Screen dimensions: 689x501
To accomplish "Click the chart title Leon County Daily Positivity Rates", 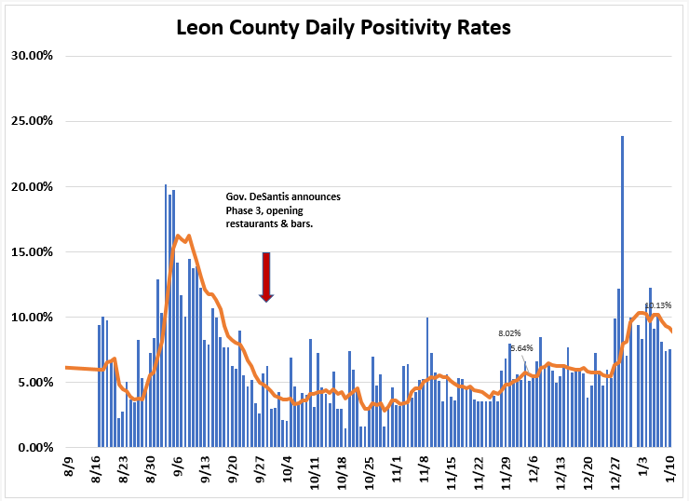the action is pos(344,28).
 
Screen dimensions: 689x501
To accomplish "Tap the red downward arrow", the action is pos(266,277).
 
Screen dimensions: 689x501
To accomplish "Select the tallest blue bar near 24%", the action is pos(622,291).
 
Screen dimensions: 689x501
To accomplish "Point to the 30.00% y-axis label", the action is pos(32,56).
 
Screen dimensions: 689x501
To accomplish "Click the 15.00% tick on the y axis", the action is pos(32,251).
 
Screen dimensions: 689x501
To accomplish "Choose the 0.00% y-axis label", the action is pos(35,448).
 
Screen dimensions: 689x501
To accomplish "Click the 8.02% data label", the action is pos(509,333).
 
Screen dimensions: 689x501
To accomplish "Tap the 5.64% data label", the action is pos(521,348).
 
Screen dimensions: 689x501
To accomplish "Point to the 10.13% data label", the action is pos(658,305).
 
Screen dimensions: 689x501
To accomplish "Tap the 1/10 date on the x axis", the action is pos(670,470).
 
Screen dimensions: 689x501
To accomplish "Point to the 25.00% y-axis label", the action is pos(32,121).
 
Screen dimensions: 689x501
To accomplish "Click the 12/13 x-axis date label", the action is pos(561,473).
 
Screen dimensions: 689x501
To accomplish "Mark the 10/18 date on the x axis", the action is pos(342,473).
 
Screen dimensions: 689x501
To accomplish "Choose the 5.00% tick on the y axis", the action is pos(35,383).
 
